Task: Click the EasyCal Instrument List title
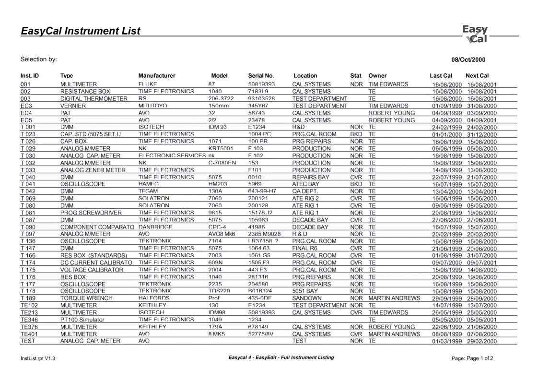(81, 31)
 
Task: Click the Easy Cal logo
(475, 34)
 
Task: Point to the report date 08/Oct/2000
(468, 60)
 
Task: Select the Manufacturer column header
(157, 76)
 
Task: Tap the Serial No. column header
(261, 76)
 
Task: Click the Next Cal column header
(477, 76)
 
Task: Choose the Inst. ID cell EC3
(26, 106)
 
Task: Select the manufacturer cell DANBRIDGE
(156, 227)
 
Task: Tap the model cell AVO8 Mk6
(222, 234)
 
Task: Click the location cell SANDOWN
(307, 298)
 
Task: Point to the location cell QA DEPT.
(305, 191)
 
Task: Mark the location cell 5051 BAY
(305, 291)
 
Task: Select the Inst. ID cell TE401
(29, 334)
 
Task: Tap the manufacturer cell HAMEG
(149, 184)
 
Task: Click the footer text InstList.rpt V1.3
(37, 358)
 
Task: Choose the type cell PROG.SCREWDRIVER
(91, 213)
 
